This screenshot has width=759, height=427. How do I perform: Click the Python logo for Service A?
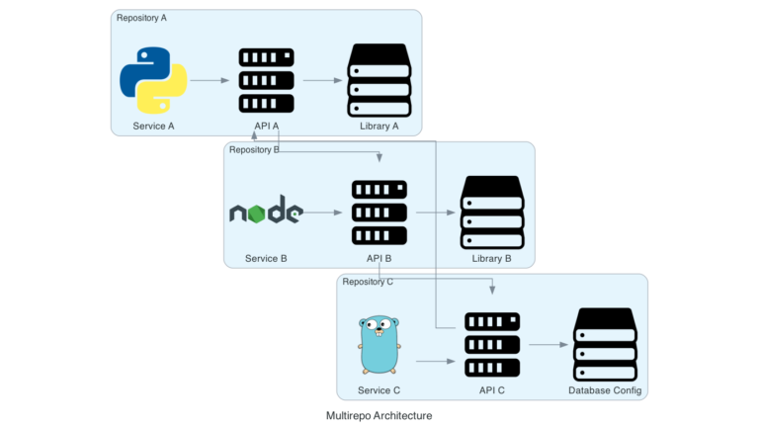click(x=153, y=80)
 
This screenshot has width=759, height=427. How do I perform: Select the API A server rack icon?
click(x=266, y=80)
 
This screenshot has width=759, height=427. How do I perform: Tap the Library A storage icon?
click(x=379, y=80)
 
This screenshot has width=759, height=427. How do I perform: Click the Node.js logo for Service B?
click(x=266, y=212)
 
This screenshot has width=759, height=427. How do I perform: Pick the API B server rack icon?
click(x=379, y=212)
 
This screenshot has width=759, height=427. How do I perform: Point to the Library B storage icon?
click(x=492, y=212)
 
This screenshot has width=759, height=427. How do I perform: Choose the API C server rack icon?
click(x=492, y=344)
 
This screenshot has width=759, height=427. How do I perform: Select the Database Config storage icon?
click(x=605, y=344)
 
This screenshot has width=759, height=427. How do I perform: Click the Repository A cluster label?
click(x=141, y=18)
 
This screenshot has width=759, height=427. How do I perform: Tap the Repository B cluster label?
click(x=254, y=150)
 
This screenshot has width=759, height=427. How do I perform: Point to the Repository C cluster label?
click(x=368, y=282)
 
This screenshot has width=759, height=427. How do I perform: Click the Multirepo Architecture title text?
click(x=379, y=415)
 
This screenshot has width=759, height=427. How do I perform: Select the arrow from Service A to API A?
click(x=210, y=80)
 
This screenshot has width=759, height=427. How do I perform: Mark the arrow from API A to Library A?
click(x=322, y=80)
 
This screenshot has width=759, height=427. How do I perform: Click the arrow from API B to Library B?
click(x=436, y=212)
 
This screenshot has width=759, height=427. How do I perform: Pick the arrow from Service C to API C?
click(x=436, y=361)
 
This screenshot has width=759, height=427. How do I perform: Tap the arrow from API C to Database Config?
click(x=548, y=344)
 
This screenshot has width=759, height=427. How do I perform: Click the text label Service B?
click(x=266, y=258)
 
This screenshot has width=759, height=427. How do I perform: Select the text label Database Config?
click(x=605, y=390)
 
